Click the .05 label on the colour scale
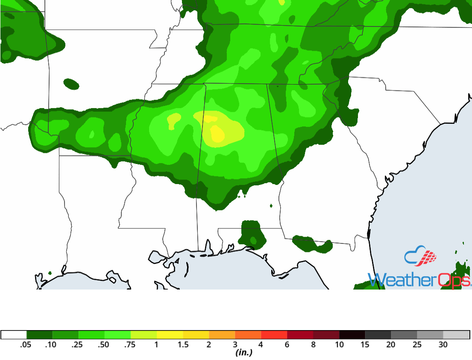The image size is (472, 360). tap(26, 345)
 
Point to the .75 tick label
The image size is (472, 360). tap(130, 345)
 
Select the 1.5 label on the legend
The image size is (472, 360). tap(183, 345)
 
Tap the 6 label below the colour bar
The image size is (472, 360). tap(287, 345)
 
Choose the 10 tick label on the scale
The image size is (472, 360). tap(339, 345)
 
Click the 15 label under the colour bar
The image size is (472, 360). tap(365, 345)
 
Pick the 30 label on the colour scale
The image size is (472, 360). tap(443, 345)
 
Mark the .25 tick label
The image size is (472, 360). tap(78, 345)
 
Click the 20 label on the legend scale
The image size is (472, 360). tap(391, 345)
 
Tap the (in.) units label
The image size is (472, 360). tap(244, 353)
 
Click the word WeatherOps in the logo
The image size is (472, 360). tap(419, 281)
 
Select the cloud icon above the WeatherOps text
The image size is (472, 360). tap(421, 256)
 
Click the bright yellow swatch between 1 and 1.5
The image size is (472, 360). tap(170, 335)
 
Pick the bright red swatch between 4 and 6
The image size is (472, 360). tap(274, 335)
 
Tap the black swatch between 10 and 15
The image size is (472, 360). tap(352, 335)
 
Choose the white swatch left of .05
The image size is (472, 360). tap(14, 335)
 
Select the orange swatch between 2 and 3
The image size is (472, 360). tap(222, 335)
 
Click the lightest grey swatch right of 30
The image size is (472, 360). tap(456, 335)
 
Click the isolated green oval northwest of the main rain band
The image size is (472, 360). tap(71, 84)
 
